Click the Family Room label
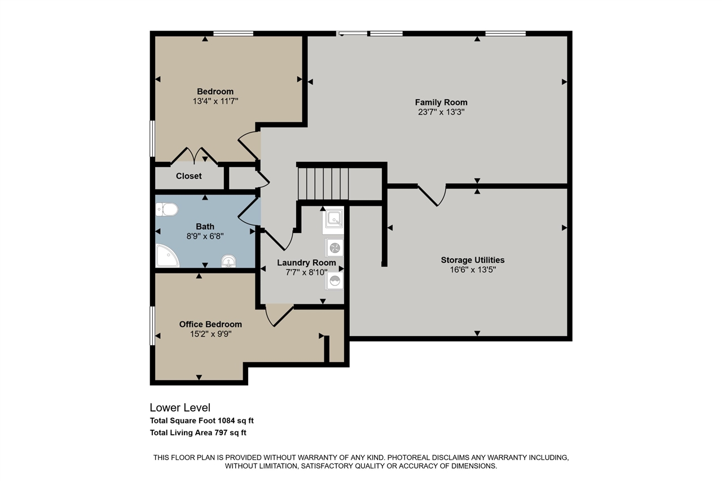pyautogui.click(x=441, y=102)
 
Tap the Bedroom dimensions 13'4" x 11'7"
pyautogui.click(x=215, y=102)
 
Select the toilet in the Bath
pyautogui.click(x=166, y=210)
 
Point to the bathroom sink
pyautogui.click(x=228, y=261)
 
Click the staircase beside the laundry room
pyautogui.click(x=323, y=183)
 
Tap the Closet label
pyautogui.click(x=188, y=176)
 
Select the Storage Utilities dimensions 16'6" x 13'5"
pyautogui.click(x=472, y=270)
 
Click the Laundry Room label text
pyautogui.click(x=306, y=263)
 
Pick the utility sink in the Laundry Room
pyautogui.click(x=333, y=219)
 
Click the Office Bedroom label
pyautogui.click(x=210, y=324)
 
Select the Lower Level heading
pyautogui.click(x=180, y=407)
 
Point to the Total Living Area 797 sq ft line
pyautogui.click(x=198, y=433)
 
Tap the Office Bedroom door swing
pyautogui.click(x=278, y=316)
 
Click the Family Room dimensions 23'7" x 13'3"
pyautogui.click(x=441, y=112)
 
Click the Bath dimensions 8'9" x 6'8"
pyautogui.click(x=205, y=236)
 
